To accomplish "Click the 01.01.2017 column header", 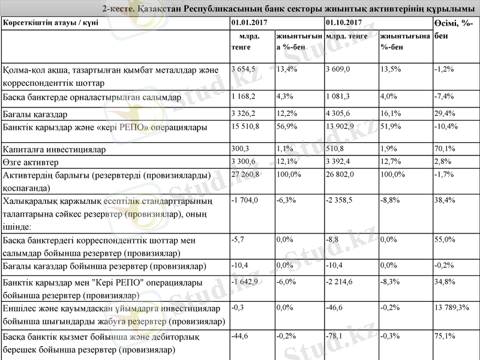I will click(x=248, y=23).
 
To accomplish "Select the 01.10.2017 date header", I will click(x=343, y=23).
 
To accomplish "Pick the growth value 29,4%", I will click(x=445, y=113).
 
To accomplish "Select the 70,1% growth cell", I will click(x=445, y=149).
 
